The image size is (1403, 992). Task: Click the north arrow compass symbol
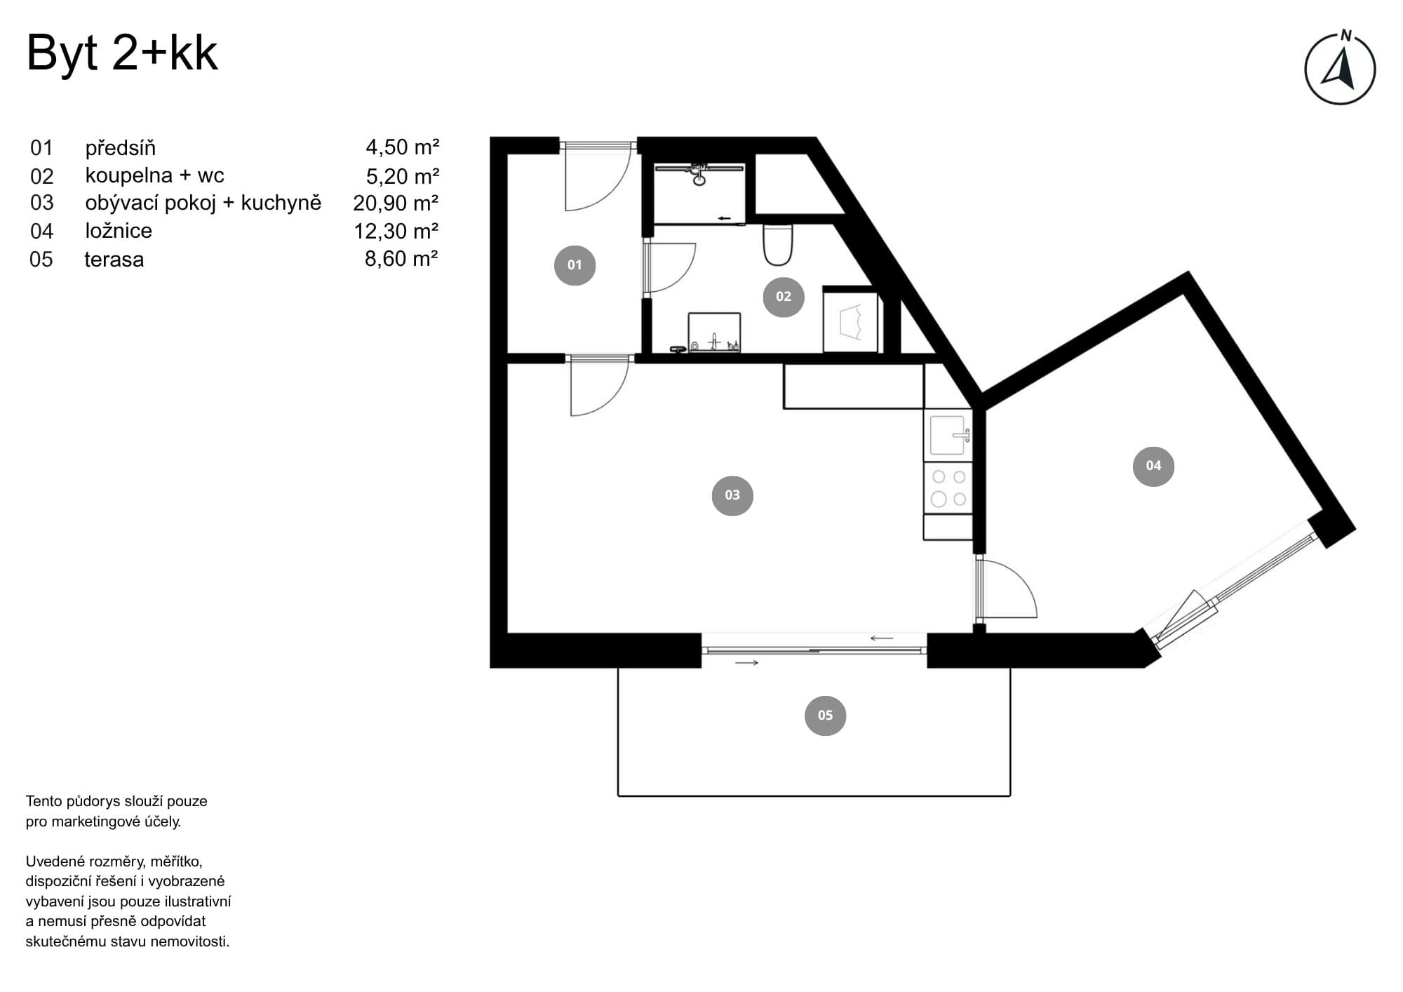(x=1340, y=69)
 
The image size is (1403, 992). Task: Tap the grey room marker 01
(x=575, y=265)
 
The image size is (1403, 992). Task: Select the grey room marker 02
(x=784, y=297)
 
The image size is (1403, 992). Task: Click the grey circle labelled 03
(x=732, y=495)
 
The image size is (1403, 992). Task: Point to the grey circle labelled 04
(x=1153, y=466)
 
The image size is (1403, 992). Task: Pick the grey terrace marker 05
(x=825, y=716)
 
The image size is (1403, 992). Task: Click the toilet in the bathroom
(x=777, y=245)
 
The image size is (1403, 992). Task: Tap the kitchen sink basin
(x=948, y=435)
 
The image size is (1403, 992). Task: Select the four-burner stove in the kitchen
(x=948, y=488)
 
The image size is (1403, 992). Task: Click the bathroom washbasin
(x=714, y=333)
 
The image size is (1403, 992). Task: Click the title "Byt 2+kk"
(x=122, y=54)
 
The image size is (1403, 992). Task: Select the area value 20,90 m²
(x=396, y=203)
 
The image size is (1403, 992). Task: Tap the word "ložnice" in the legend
(x=119, y=231)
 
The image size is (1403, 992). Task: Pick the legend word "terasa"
(x=114, y=260)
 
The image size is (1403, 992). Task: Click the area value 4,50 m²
(x=402, y=147)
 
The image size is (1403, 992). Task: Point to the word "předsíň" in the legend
(x=121, y=148)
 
